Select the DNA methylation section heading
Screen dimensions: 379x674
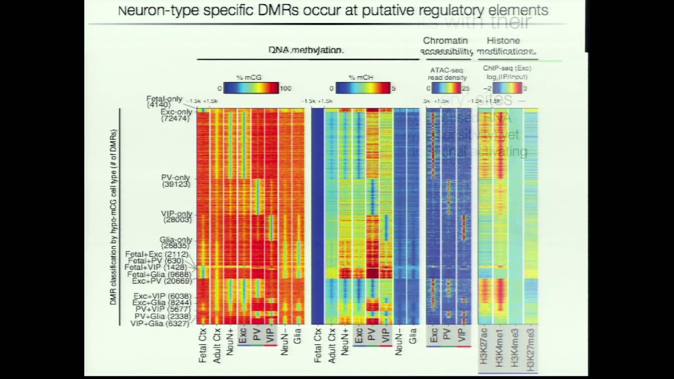pos(306,50)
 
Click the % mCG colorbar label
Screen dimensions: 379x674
pos(250,77)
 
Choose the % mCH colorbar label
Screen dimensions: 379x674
pos(361,77)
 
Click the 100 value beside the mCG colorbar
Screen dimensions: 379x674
pos(285,88)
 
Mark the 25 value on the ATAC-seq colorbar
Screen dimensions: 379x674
pos(465,88)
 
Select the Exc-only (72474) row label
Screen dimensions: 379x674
pos(176,115)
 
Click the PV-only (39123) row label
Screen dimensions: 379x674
pos(176,181)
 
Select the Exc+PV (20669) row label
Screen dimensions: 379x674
pos(162,281)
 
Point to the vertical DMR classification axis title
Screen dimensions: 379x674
pos(113,217)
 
